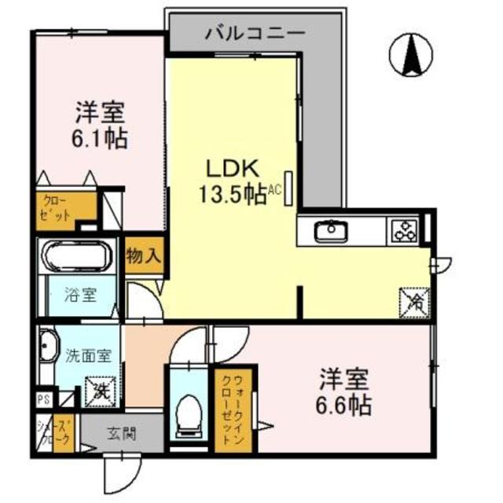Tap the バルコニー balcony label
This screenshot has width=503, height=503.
[x=255, y=33]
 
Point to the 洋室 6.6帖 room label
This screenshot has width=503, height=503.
[x=344, y=393]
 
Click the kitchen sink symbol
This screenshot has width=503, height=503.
[x=331, y=231]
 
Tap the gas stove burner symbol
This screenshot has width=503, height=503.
[x=405, y=231]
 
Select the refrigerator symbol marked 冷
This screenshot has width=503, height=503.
[x=414, y=300]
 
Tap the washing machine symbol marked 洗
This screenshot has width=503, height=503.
[x=100, y=387]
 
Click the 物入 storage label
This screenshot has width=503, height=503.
[x=144, y=255]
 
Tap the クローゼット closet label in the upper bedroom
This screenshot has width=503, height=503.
[x=56, y=207]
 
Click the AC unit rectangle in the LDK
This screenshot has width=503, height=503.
[x=289, y=187]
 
